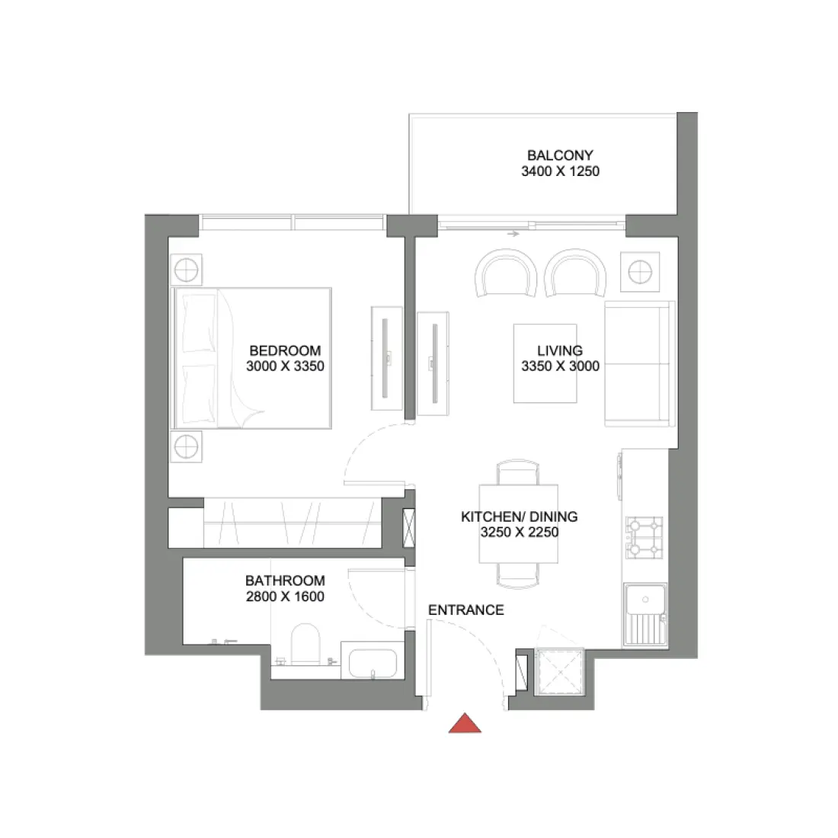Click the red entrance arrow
click(465, 724)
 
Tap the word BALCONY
click(560, 155)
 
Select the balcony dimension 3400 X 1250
click(560, 171)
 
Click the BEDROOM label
click(285, 351)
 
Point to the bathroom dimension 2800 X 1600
click(285, 597)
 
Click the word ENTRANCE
click(465, 610)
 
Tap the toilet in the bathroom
click(306, 644)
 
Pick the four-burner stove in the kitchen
click(644, 537)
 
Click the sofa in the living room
click(639, 364)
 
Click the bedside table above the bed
click(186, 270)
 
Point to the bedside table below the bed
click(186, 446)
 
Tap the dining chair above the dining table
click(518, 472)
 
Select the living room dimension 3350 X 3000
click(560, 366)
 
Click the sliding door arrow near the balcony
click(513, 234)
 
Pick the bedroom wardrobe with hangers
click(291, 523)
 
